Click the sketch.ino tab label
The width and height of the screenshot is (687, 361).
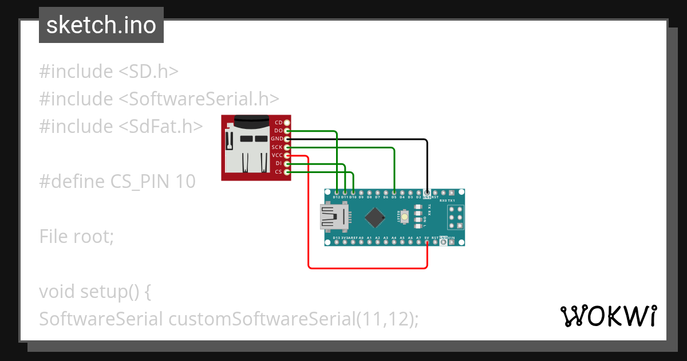click(x=101, y=25)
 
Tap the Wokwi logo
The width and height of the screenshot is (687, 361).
click(x=607, y=316)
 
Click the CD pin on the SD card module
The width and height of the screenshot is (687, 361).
click(x=287, y=123)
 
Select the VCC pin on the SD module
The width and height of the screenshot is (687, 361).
click(x=287, y=155)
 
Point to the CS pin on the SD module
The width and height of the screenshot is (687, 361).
click(x=287, y=172)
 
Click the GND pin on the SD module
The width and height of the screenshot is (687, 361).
click(x=287, y=139)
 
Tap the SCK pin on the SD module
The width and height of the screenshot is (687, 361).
click(x=287, y=147)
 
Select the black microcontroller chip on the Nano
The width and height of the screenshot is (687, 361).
click(x=375, y=217)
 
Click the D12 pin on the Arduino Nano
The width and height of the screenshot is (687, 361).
click(x=337, y=193)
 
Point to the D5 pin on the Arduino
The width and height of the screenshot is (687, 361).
click(x=394, y=193)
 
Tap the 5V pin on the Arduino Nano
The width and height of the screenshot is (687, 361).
click(x=427, y=242)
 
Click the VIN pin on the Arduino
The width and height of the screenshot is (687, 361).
click(x=452, y=242)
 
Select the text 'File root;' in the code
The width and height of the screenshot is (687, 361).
click(x=77, y=236)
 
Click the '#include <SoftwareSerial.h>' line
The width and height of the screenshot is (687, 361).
click(x=159, y=99)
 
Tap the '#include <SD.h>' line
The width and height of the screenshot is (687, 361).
click(x=109, y=71)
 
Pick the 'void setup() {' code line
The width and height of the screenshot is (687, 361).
click(x=94, y=291)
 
